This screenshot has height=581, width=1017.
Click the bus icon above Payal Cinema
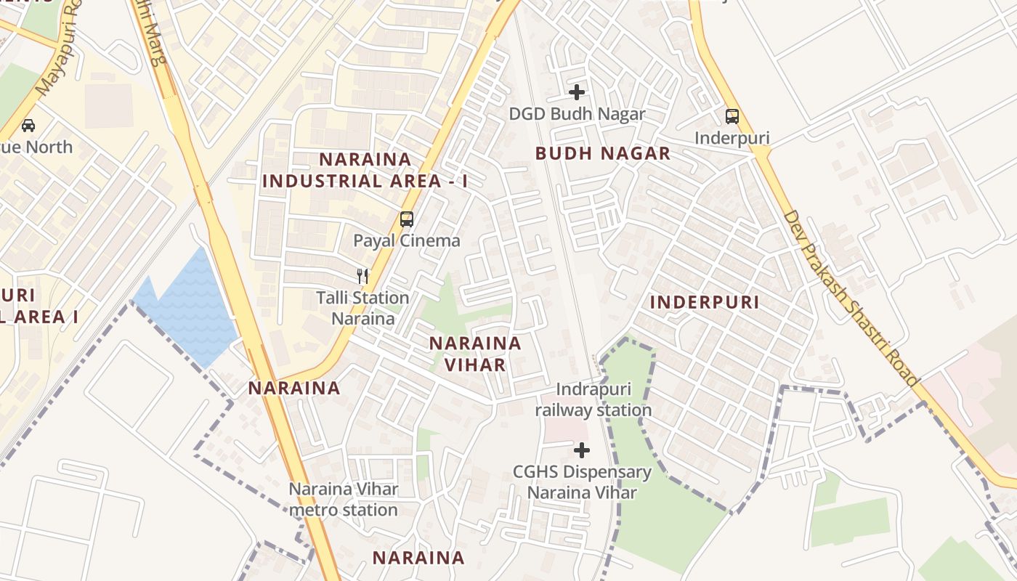point(407,219)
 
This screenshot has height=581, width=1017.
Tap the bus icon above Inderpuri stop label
point(732,116)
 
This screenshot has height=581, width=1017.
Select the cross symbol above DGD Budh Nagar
point(577,92)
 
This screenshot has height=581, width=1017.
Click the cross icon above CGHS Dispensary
point(582,450)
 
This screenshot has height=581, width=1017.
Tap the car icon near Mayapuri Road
point(28,125)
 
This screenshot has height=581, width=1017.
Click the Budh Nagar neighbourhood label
point(603,153)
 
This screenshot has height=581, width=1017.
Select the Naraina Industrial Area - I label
point(365,170)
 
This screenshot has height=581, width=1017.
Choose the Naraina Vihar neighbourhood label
point(475,354)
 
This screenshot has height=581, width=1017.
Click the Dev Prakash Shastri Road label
point(853,298)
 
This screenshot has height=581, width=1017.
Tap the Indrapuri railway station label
point(593,400)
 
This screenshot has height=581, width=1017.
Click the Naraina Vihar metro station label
point(344,499)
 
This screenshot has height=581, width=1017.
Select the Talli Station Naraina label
point(362,308)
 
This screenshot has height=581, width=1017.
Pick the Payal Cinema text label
point(407,240)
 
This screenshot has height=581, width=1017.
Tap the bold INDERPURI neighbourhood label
point(704,302)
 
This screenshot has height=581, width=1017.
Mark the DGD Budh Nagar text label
point(577,114)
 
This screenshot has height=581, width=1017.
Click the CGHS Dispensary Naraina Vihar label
point(582,482)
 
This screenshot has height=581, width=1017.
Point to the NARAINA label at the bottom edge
point(418,558)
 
